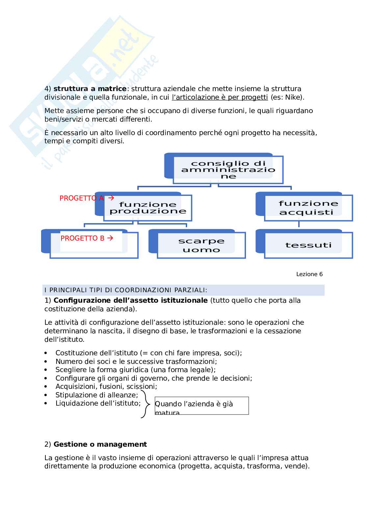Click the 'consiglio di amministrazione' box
228,170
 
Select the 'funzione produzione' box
148,208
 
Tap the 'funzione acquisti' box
308,208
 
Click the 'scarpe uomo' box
201,245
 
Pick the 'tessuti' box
308,245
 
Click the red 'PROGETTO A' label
82,198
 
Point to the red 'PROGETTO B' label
83,238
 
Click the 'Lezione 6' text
309,274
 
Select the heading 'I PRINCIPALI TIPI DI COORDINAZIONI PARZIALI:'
126,290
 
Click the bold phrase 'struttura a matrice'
90,89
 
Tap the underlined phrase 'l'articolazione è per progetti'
220,97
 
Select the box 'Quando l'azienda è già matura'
202,406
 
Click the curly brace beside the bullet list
144,404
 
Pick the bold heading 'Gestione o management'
100,444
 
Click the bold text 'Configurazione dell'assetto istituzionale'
131,300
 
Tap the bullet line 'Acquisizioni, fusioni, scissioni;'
106,387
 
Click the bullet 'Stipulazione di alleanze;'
97,395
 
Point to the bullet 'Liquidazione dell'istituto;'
98,403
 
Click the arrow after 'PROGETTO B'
110,238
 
